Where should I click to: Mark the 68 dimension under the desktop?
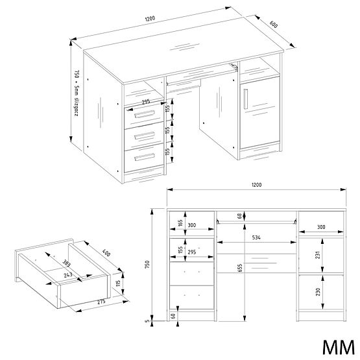(240, 215)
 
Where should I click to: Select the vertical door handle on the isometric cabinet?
(246, 97)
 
